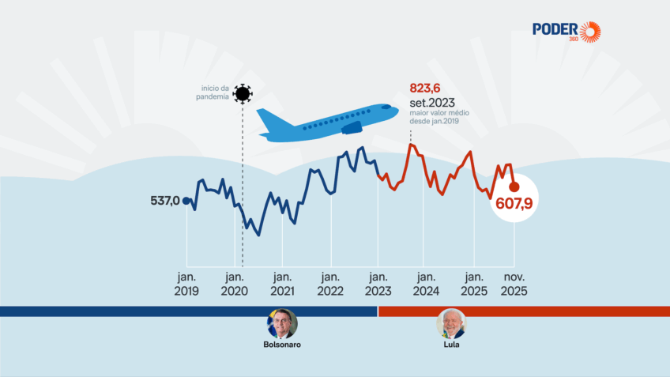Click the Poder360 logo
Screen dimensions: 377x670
[566, 31]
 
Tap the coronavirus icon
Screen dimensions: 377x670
[243, 94]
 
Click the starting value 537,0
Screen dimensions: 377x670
[165, 201]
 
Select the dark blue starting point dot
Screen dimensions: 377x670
[186, 201]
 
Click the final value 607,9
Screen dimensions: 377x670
[514, 204]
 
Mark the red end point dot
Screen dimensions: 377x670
[514, 187]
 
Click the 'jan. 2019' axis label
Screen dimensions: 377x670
[186, 284]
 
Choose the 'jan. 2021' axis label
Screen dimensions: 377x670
[282, 284]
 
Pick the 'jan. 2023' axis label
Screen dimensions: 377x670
[378, 284]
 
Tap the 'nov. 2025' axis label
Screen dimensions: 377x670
[514, 284]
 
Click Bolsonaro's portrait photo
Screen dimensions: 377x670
[282, 323]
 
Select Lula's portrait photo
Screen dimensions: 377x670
[452, 323]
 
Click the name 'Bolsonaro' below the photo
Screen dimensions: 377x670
[282, 345]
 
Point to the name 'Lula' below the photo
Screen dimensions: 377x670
[452, 345]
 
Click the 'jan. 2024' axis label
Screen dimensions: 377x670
[426, 284]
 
